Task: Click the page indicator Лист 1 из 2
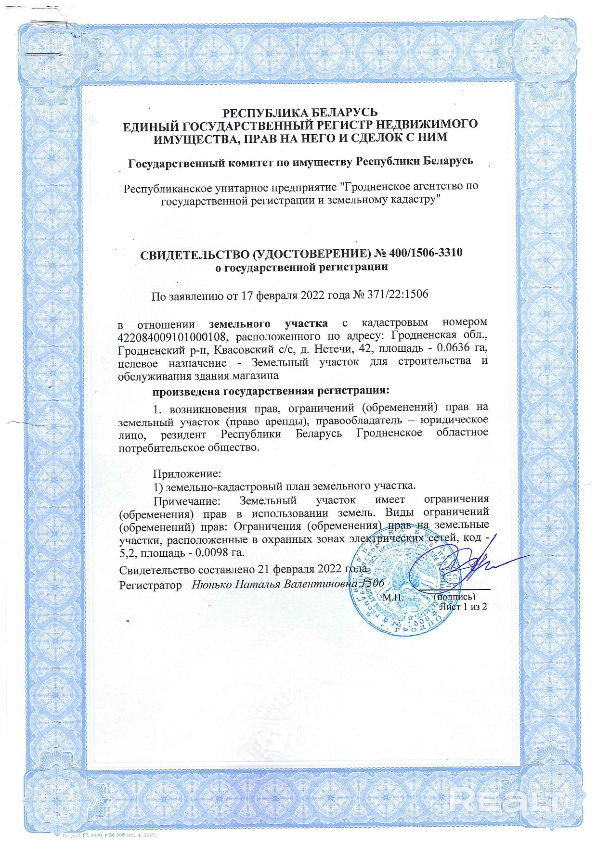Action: coord(464,606)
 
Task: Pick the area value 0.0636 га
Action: coord(463,348)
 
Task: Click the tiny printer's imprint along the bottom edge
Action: coord(110,835)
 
